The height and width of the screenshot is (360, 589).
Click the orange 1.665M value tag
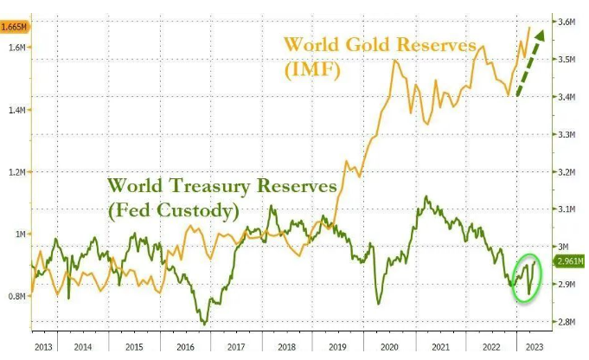14,27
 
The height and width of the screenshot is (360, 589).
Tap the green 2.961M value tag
570,260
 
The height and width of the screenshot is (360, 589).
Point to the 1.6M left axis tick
17,48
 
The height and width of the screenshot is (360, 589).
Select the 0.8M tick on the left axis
17,296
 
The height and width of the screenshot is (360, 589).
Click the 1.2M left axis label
17,172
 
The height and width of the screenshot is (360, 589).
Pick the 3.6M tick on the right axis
567,22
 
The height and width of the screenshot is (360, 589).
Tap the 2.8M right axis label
567,322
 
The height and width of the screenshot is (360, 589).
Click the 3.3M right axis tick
567,134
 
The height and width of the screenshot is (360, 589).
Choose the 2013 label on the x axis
43,347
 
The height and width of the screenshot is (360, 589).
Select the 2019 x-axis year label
337,347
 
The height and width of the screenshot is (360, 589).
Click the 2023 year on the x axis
535,347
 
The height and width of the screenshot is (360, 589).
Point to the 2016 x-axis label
185,347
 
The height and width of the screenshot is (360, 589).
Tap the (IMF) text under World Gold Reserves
312,69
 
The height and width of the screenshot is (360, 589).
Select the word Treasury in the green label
209,186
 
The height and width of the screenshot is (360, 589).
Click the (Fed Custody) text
174,210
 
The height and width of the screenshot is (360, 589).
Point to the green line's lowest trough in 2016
204,324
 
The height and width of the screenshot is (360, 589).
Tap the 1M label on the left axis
21,235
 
